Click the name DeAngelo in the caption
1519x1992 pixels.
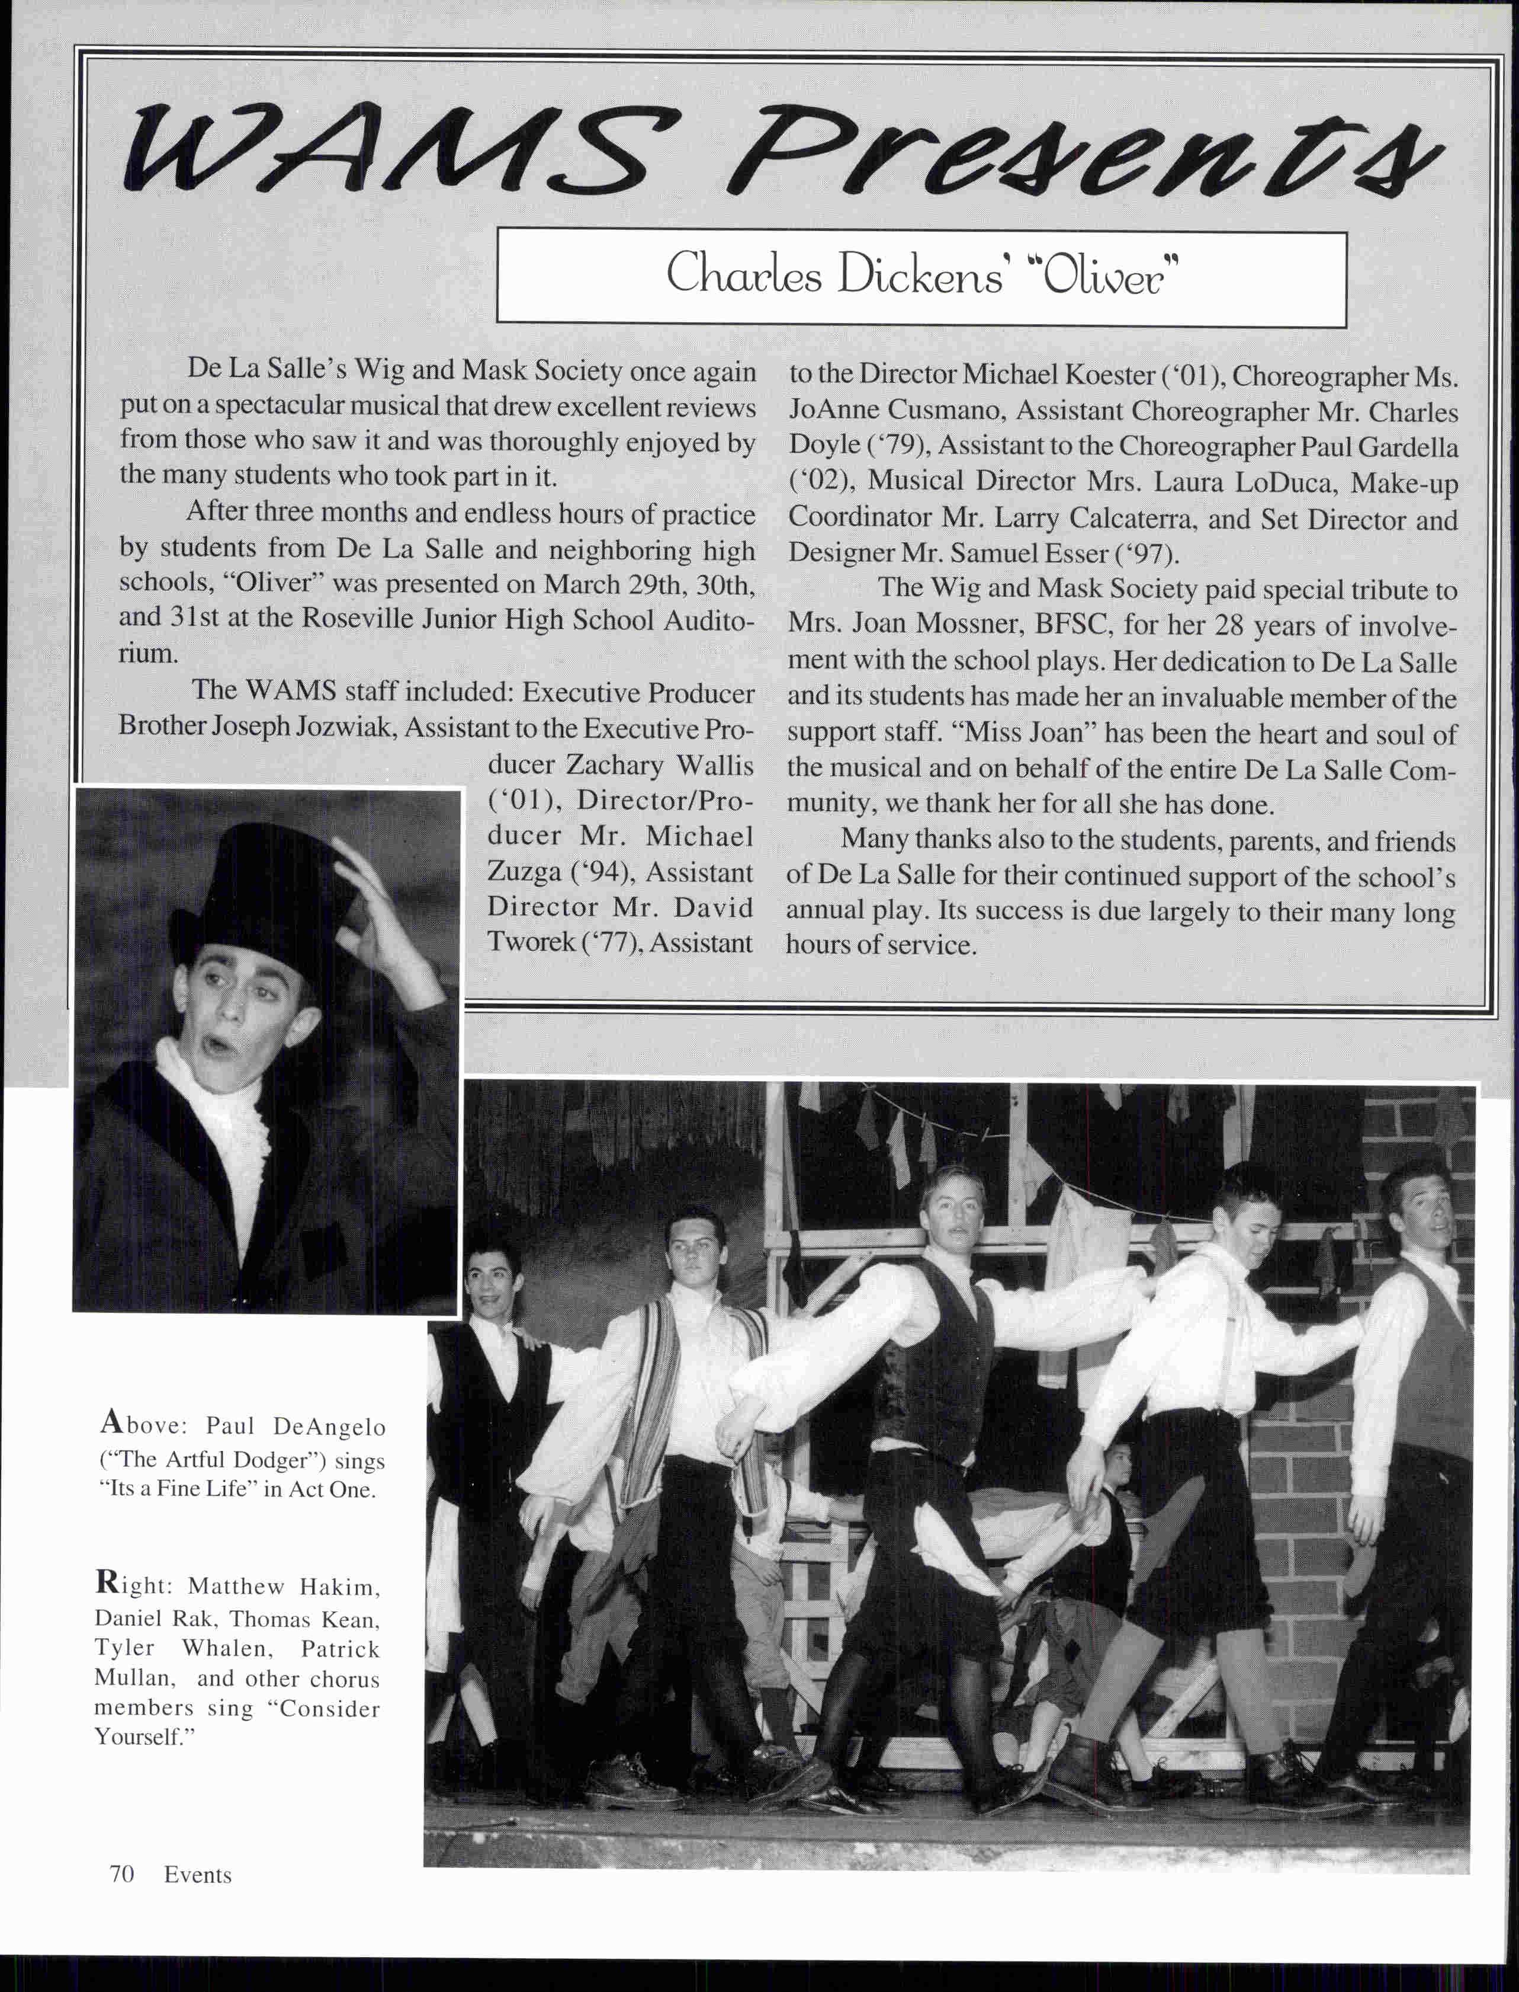pos(329,1427)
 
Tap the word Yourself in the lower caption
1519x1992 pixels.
pos(140,1737)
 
